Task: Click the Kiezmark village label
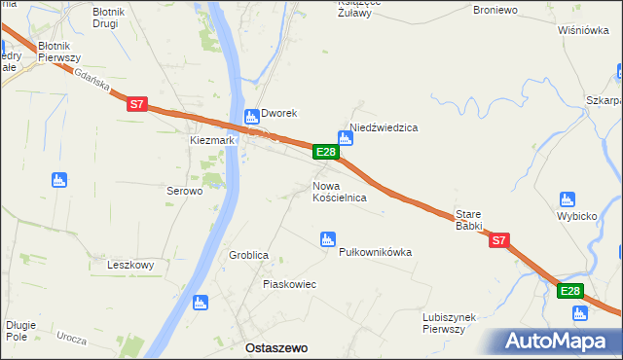(x=211, y=140)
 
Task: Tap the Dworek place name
(x=276, y=113)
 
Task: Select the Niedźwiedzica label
(x=384, y=127)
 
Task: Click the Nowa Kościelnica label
(x=339, y=191)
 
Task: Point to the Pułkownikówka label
(x=375, y=252)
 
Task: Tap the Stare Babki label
(x=469, y=220)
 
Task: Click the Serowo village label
(x=184, y=192)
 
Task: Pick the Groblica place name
(x=248, y=255)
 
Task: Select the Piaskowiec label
(x=289, y=284)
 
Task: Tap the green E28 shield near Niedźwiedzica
(x=326, y=152)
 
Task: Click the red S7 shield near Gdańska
(x=136, y=101)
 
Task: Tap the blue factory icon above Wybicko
(x=568, y=198)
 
